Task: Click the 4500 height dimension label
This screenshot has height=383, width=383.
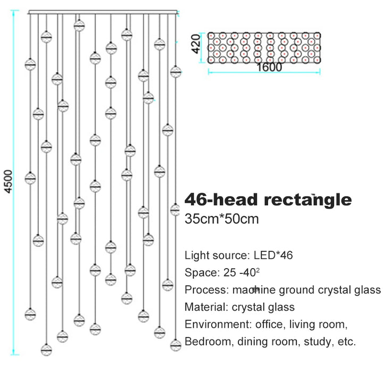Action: click(x=9, y=182)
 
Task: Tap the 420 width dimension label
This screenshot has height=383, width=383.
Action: click(x=196, y=44)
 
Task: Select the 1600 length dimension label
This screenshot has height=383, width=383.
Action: click(x=269, y=67)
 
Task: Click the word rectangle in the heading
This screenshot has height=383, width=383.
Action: click(x=308, y=200)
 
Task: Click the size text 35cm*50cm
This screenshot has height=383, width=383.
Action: click(x=221, y=219)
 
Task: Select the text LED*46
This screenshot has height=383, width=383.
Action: click(x=273, y=255)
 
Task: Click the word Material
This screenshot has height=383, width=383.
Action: click(x=206, y=307)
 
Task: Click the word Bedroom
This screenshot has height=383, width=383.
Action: click(x=207, y=342)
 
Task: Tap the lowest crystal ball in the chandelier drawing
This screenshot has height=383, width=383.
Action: click(x=46, y=350)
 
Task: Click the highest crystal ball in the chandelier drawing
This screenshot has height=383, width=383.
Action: click(x=79, y=26)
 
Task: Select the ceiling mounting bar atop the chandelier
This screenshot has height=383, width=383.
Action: click(x=103, y=12)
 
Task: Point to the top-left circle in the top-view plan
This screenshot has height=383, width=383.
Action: click(x=211, y=36)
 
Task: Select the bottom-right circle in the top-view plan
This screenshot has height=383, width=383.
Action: click(x=317, y=60)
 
